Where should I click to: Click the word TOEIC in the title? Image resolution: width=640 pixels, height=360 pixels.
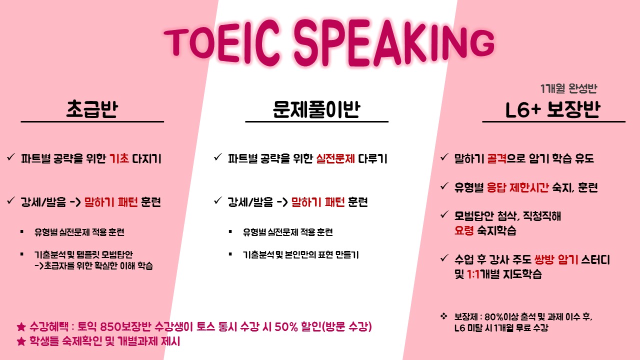pyautogui.click(x=221, y=42)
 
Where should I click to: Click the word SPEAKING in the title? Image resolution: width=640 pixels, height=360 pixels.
pyautogui.click(x=394, y=42)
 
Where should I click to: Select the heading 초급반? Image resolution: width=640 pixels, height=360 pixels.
pyautogui.click(x=92, y=109)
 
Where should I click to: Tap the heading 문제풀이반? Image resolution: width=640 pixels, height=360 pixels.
pyautogui.click(x=316, y=109)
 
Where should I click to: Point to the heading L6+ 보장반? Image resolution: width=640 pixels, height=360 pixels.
pyautogui.click(x=552, y=109)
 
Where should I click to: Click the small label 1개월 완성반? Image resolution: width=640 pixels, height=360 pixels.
pyautogui.click(x=568, y=88)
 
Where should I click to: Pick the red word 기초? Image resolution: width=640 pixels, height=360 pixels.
pyautogui.click(x=119, y=158)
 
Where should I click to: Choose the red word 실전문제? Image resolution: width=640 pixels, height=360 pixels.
pyautogui.click(x=335, y=158)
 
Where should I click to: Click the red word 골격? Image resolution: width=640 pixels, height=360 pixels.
pyautogui.click(x=496, y=158)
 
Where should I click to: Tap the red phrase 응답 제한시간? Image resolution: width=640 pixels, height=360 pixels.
pyautogui.click(x=517, y=187)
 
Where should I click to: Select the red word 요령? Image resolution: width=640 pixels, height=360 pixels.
pyautogui.click(x=464, y=230)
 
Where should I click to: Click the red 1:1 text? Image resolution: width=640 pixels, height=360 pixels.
pyautogui.click(x=473, y=274)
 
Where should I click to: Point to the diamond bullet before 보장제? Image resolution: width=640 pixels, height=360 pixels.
pyautogui.click(x=443, y=316)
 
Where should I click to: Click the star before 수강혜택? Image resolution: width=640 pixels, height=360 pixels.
pyautogui.click(x=21, y=326)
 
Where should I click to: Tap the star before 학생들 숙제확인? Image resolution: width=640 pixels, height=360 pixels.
pyautogui.click(x=21, y=341)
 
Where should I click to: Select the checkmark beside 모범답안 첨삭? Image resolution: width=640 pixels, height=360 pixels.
pyautogui.click(x=444, y=214)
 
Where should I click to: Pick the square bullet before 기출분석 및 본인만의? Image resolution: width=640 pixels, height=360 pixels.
pyautogui.click(x=230, y=254)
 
